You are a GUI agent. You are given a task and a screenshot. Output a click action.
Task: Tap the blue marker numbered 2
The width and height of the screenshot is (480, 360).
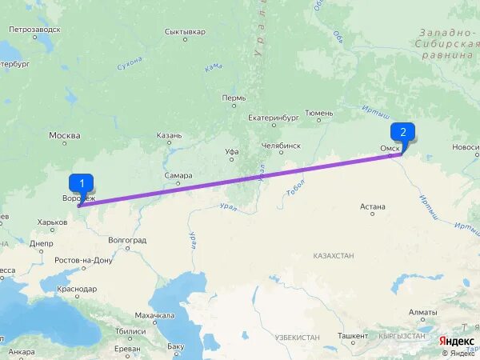[x=402, y=132]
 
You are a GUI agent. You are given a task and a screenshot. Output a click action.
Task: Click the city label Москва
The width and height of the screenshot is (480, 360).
[x=65, y=135]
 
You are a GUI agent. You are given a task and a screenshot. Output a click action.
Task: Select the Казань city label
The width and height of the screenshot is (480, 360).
[x=170, y=135]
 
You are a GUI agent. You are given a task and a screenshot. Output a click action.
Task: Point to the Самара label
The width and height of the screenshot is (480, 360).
[x=178, y=176]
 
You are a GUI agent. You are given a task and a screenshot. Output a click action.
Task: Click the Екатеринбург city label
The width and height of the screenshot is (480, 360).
[x=273, y=117]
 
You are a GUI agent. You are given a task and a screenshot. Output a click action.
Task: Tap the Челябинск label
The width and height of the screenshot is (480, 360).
[x=281, y=146]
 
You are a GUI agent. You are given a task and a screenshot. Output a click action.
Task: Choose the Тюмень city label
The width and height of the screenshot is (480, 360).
[x=318, y=114]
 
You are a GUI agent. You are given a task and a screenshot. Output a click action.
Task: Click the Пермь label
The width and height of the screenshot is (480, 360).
[x=234, y=98]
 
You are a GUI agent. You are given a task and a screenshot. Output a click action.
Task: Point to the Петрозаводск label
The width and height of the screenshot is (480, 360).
[x=34, y=30]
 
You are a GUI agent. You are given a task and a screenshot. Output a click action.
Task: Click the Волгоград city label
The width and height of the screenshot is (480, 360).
[x=127, y=239]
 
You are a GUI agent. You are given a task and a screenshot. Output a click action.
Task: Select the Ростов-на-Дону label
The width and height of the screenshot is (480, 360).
[x=84, y=261]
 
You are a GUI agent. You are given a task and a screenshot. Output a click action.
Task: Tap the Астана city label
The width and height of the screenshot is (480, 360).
[x=373, y=206]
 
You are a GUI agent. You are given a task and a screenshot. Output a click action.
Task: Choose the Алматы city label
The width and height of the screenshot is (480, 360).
[x=422, y=312]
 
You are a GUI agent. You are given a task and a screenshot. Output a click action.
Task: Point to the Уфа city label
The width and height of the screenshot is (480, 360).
[x=232, y=150]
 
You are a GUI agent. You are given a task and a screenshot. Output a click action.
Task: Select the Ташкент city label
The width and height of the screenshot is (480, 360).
[x=353, y=336]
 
